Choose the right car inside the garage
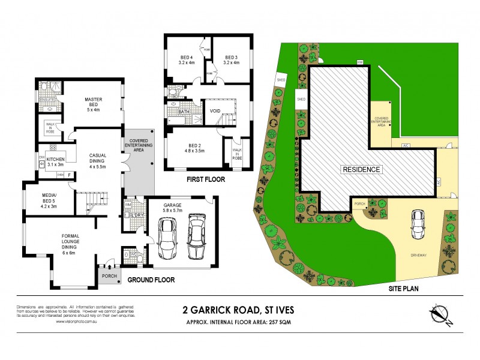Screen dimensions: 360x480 pos(197,236)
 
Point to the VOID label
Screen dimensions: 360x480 pos(215,111)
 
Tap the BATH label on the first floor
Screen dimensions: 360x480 pos(184,112)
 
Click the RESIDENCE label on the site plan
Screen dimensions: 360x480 pos(361,169)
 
